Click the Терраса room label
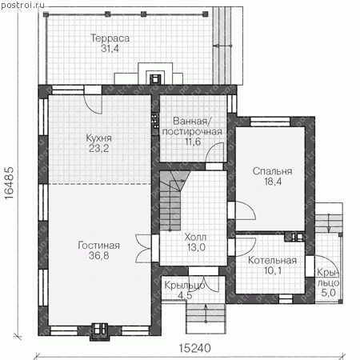pyautogui.click(x=110, y=38)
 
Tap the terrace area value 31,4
pyautogui.click(x=110, y=49)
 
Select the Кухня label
pyautogui.click(x=98, y=138)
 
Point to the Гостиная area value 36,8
pyautogui.click(x=99, y=255)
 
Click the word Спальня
pyautogui.click(x=272, y=171)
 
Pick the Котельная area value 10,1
pyautogui.click(x=273, y=270)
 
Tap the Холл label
pyautogui.click(x=195, y=237)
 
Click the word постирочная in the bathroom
pyautogui.click(x=192, y=132)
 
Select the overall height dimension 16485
pyautogui.click(x=9, y=183)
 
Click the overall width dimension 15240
pyautogui.click(x=195, y=348)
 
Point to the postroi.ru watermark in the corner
pyautogui.click(x=22, y=5)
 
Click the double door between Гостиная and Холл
pyautogui.click(x=144, y=249)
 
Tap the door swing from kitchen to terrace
pyautogui.click(x=93, y=104)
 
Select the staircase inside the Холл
pyautogui.click(x=172, y=200)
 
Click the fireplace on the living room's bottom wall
pyautogui.click(x=99, y=332)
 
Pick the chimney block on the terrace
pyautogui.click(x=155, y=78)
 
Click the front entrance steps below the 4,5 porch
pyautogui.click(x=206, y=318)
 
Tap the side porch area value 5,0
pyautogui.click(x=328, y=293)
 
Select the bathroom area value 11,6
pyautogui.click(x=193, y=142)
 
